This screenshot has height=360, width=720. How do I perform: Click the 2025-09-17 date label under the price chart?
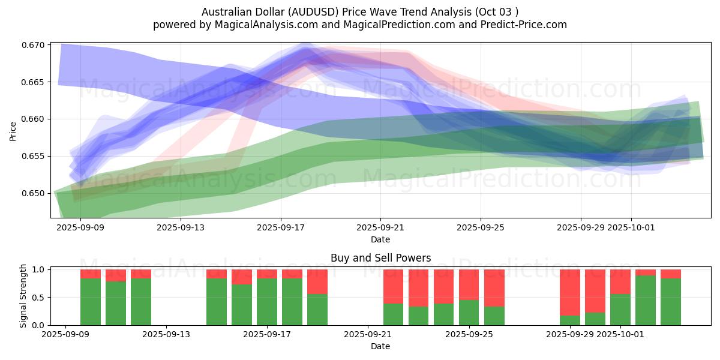(x=280, y=228)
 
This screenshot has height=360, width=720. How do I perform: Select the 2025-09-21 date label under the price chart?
(x=380, y=228)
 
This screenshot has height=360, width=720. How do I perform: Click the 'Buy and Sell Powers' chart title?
(x=380, y=259)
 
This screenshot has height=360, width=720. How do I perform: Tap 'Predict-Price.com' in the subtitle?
(x=521, y=25)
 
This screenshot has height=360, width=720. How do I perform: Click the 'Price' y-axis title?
(x=13, y=131)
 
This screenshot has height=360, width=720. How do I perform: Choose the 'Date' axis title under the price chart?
(x=380, y=239)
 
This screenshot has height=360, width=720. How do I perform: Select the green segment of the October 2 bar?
(x=646, y=300)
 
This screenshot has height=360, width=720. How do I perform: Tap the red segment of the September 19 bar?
(x=317, y=281)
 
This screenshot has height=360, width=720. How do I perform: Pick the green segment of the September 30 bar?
(x=595, y=319)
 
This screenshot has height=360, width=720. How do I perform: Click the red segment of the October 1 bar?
(x=620, y=281)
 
